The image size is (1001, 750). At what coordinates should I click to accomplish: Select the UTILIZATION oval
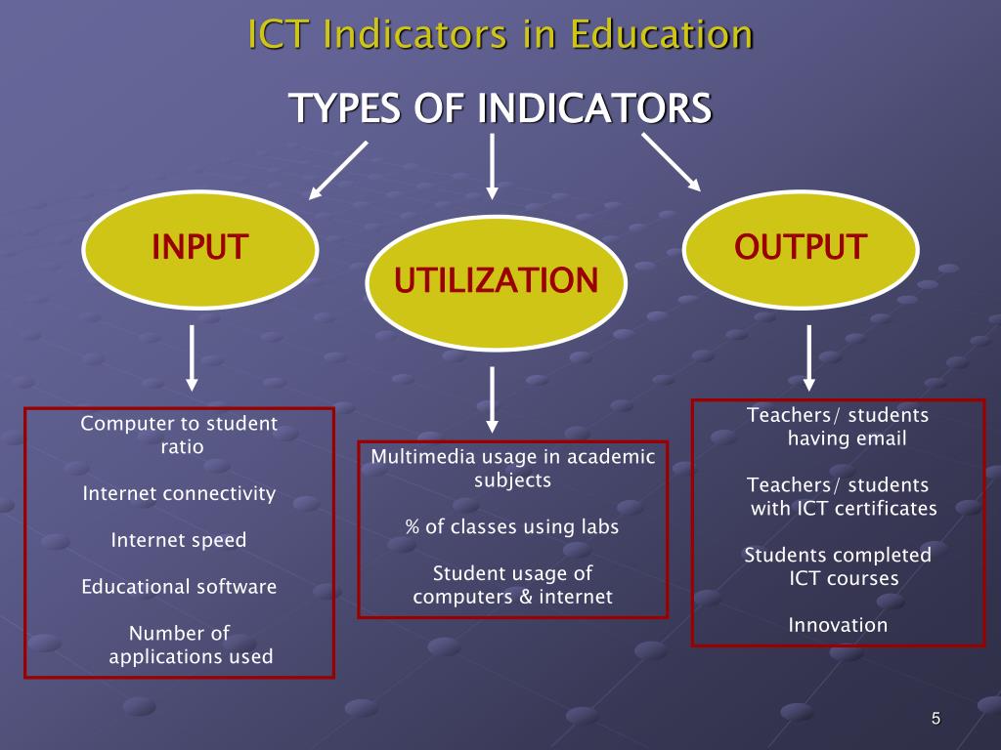(496, 282)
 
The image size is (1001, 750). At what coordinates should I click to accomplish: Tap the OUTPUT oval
(801, 246)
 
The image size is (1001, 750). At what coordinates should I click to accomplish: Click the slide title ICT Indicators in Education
(500, 34)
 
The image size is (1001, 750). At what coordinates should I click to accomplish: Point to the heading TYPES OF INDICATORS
(500, 108)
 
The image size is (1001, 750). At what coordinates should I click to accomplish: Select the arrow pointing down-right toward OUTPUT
(672, 161)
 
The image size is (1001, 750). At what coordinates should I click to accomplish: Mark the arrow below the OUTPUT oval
(809, 357)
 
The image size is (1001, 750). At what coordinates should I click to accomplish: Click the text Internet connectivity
(179, 494)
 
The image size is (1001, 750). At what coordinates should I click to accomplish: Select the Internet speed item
(179, 540)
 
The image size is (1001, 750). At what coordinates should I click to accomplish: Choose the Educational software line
(179, 587)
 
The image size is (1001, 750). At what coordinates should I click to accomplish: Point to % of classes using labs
(512, 527)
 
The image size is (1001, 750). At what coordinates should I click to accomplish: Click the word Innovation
(839, 625)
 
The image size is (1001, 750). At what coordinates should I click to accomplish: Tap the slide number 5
(936, 720)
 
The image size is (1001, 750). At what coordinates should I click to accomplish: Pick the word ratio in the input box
(182, 447)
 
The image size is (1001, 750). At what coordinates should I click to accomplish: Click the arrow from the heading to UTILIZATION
(493, 165)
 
